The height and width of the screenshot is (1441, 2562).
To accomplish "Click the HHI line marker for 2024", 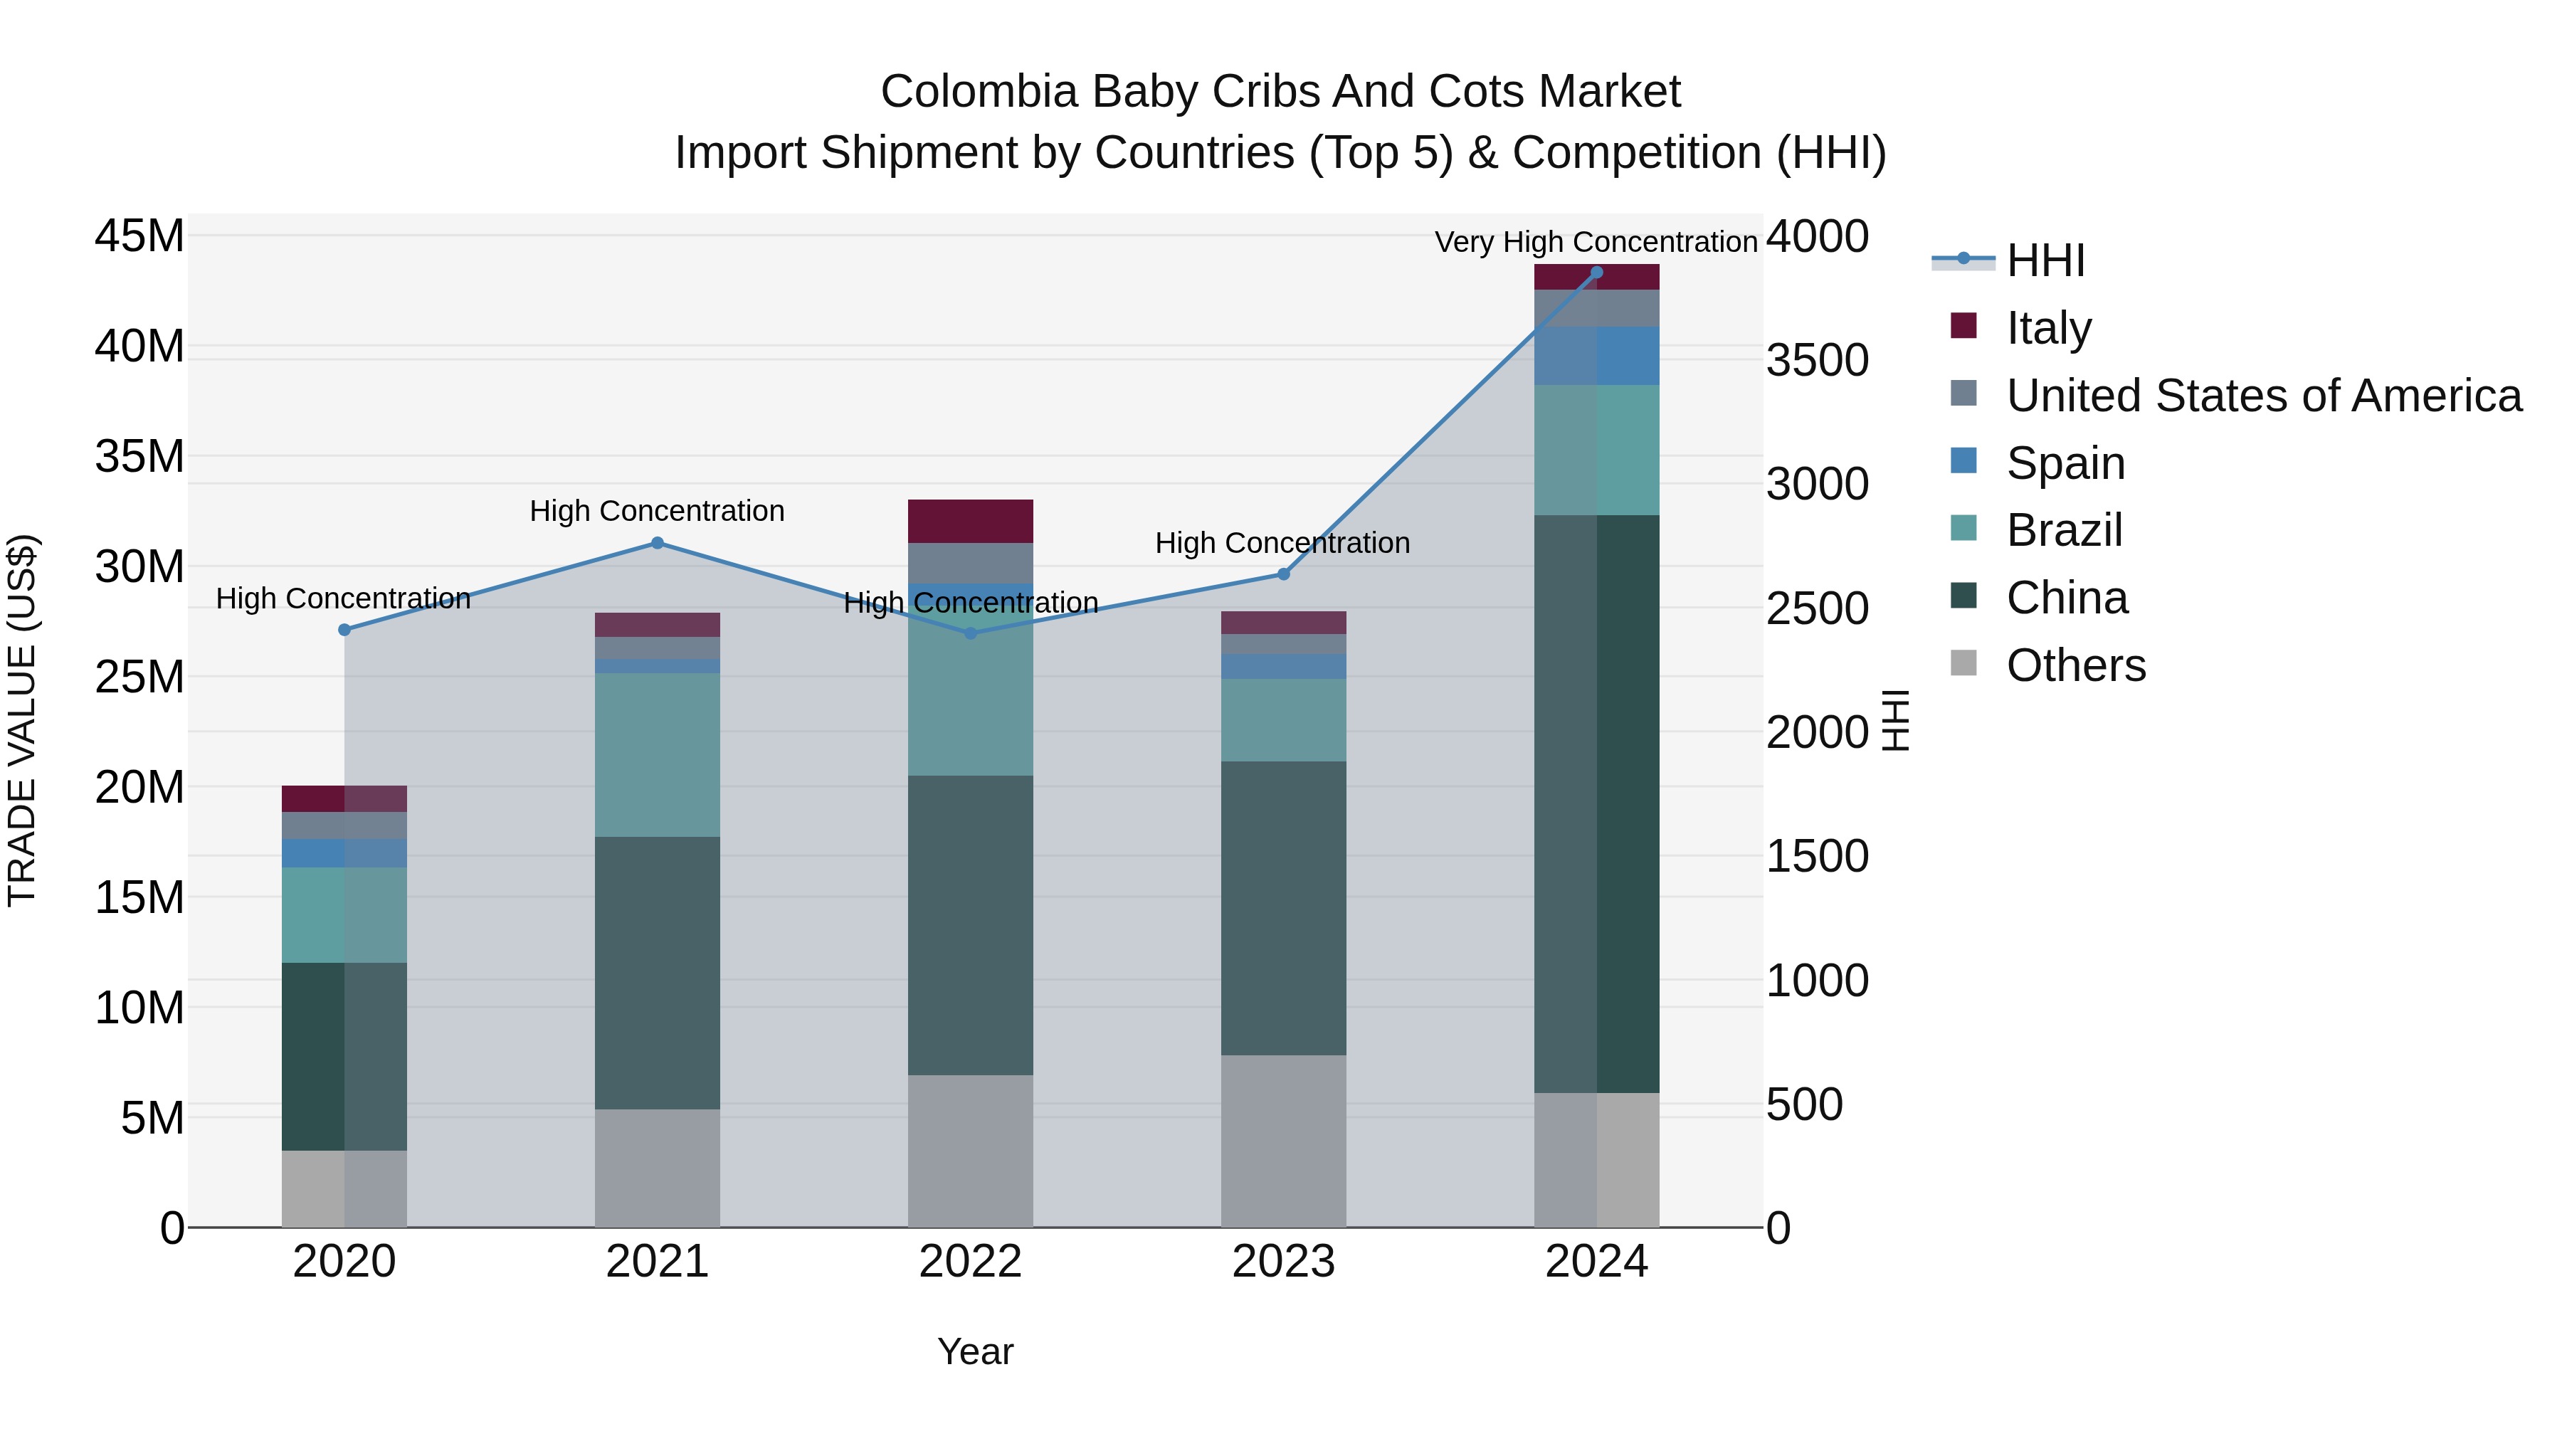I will tap(1596, 273).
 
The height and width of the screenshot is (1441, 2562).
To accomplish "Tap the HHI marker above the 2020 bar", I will tap(344, 630).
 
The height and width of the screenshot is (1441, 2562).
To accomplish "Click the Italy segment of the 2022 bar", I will tap(970, 521).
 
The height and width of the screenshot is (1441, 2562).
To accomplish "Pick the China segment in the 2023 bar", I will tap(1283, 908).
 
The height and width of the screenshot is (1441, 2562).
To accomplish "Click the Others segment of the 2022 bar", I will tap(970, 1151).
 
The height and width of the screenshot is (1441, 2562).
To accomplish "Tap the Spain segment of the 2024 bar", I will tap(1596, 356).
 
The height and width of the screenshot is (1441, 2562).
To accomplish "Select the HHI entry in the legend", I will tap(2045, 260).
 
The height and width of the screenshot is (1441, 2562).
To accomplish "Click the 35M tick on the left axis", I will tap(139, 456).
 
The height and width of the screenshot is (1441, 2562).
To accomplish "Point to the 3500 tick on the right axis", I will tap(1817, 360).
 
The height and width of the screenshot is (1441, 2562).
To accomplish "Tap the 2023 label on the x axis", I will tap(1283, 1262).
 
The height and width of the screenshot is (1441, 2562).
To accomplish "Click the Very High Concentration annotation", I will tap(1596, 242).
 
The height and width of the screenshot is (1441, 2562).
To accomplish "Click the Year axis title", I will tap(975, 1351).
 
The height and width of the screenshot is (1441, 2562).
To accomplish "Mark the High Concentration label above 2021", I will tap(656, 511).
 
